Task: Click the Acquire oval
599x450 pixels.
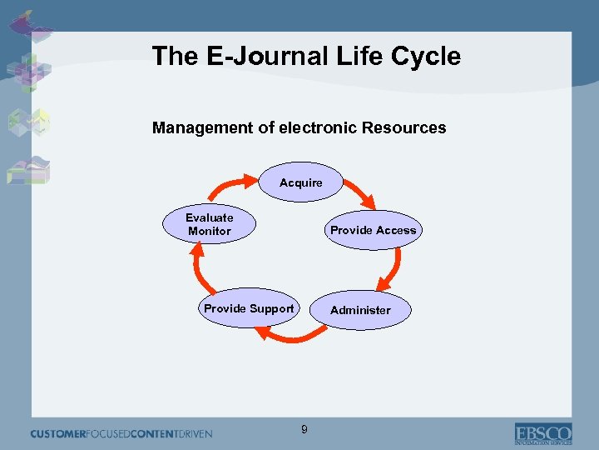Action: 300,182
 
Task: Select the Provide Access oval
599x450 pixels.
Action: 373,230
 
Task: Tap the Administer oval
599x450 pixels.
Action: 360,310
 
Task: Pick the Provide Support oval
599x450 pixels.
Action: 249,308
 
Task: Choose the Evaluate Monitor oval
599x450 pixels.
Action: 210,224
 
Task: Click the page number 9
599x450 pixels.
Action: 304,429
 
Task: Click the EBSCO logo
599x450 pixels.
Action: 542,433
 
